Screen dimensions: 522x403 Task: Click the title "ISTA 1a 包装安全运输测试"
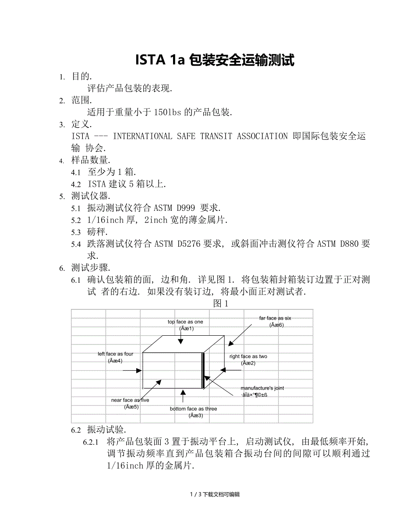click(215, 60)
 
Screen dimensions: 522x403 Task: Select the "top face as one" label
click(185, 322)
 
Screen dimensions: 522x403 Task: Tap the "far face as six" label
click(275, 318)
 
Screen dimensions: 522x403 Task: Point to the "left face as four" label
click(115, 354)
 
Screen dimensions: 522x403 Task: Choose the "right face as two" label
click(248, 356)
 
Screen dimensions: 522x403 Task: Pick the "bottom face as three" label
click(193, 409)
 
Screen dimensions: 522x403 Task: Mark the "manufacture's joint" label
click(262, 388)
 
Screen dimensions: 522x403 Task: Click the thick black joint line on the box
click(203, 370)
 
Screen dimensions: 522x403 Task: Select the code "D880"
click(351, 244)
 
